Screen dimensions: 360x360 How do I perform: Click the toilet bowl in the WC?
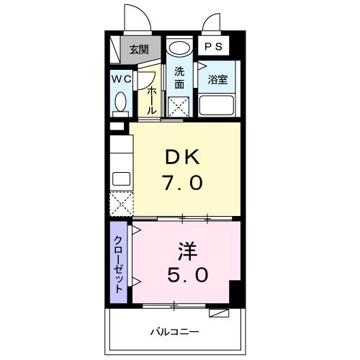[120, 103]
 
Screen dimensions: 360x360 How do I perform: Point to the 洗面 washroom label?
[179, 78]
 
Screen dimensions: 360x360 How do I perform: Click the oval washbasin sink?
[179, 49]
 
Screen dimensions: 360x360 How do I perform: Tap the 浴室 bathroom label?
[218, 79]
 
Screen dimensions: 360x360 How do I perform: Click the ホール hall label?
[152, 98]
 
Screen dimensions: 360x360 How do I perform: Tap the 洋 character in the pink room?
[188, 251]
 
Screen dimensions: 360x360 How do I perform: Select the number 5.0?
[188, 276]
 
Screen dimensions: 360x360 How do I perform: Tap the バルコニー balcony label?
[175, 332]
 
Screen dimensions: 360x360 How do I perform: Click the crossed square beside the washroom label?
[179, 106]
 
